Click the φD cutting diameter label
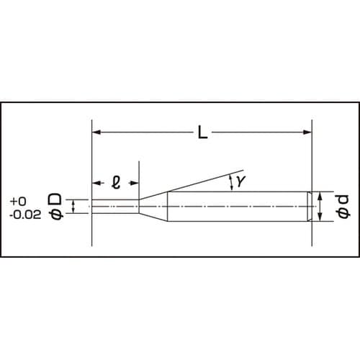[56, 205]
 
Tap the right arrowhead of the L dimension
[310, 132]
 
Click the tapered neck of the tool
[153, 207]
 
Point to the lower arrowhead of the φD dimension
[76, 212]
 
